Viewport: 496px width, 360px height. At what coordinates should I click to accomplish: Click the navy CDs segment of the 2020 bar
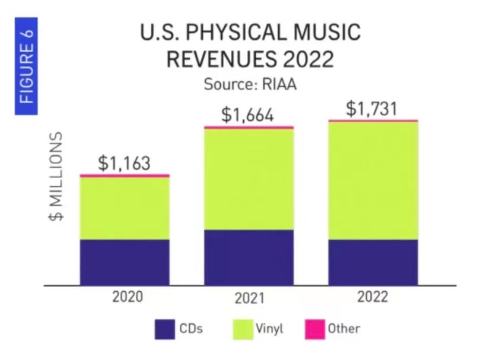coord(125,262)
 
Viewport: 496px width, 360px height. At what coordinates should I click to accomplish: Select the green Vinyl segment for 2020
coord(125,208)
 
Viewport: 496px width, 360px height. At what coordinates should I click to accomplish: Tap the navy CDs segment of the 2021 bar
coord(249,257)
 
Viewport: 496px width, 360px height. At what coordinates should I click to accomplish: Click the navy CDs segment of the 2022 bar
coord(373,262)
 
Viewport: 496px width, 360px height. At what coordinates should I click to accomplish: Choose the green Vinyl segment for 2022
coord(373,181)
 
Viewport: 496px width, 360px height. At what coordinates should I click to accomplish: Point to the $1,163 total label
coord(124,163)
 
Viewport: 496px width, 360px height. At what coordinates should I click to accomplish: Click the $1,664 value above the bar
coord(248,114)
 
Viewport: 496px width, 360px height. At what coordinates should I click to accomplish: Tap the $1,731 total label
coord(372,109)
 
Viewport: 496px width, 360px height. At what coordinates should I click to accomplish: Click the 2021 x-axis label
coord(249,298)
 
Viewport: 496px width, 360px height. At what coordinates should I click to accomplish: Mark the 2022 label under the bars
coord(372,297)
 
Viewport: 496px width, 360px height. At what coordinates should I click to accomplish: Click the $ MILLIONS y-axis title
coord(56,177)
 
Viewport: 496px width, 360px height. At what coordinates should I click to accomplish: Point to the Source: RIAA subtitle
coord(250,84)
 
